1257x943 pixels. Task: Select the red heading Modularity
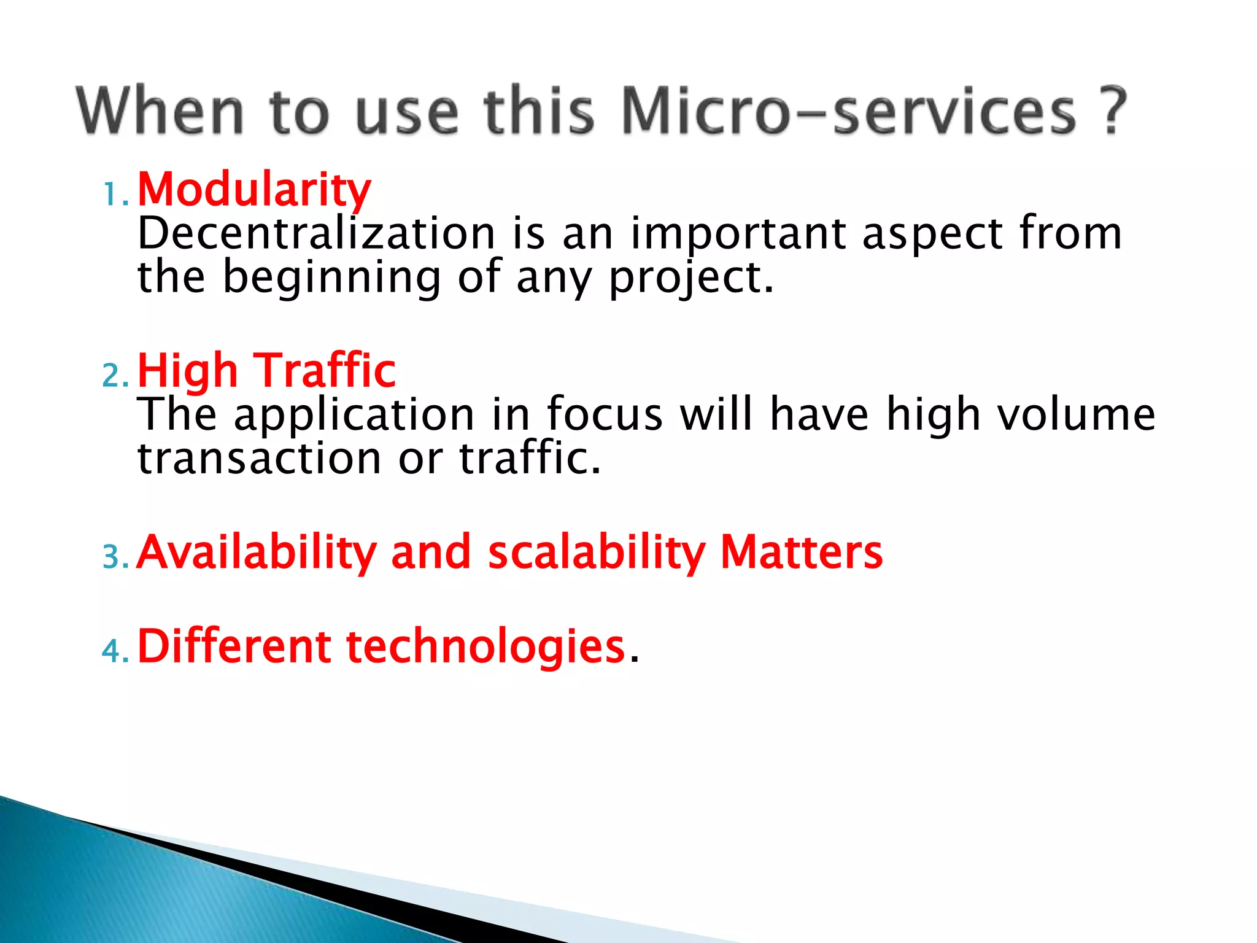(x=254, y=190)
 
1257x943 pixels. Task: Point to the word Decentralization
(x=316, y=234)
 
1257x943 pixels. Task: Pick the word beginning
(x=331, y=278)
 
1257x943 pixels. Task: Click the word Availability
(x=257, y=553)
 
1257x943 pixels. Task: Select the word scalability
(x=597, y=553)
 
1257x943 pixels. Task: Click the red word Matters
(x=801, y=553)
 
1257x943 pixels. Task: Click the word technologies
(x=485, y=648)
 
